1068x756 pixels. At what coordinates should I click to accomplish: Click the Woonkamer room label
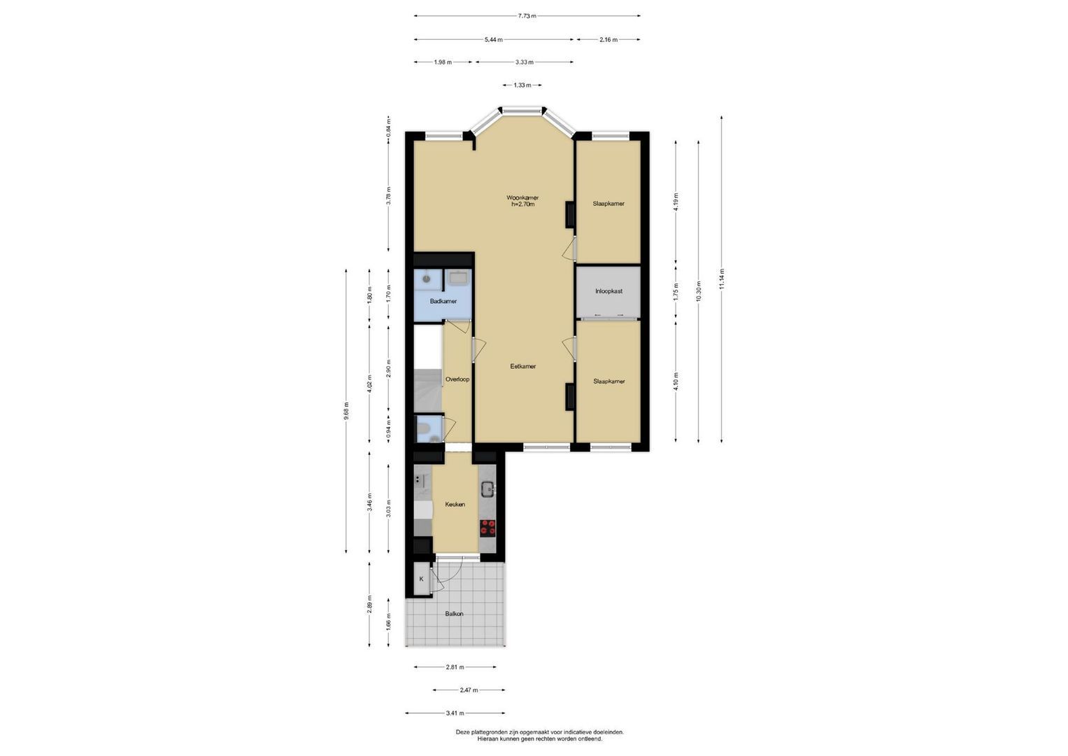click(522, 197)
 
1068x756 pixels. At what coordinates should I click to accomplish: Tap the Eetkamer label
click(523, 367)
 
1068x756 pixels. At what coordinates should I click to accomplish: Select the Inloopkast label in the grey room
click(609, 291)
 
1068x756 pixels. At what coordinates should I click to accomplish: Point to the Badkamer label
click(443, 301)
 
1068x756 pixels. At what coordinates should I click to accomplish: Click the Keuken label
click(455, 504)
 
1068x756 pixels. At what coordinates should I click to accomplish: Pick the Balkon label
click(454, 614)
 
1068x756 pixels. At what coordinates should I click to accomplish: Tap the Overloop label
click(457, 379)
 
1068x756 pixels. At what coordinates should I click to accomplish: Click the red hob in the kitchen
click(487, 527)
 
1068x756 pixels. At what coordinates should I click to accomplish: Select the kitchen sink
click(487, 489)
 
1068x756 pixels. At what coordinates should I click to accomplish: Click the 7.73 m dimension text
click(527, 15)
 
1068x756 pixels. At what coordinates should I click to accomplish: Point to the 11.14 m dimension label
click(722, 279)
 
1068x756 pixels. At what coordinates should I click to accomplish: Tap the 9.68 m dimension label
click(346, 411)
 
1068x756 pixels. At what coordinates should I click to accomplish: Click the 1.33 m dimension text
click(522, 85)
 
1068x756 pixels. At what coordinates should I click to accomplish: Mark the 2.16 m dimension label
click(608, 40)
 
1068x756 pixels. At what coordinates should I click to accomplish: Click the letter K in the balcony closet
click(422, 579)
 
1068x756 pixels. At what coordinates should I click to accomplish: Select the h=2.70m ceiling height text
click(523, 204)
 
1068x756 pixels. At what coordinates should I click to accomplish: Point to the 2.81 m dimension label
click(455, 666)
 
